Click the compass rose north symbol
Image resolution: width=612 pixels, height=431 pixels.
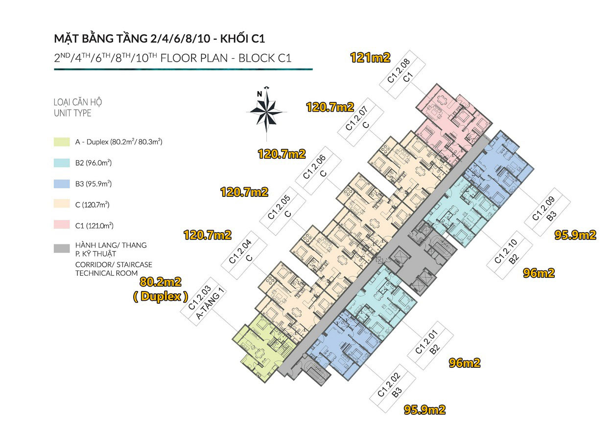click(266, 112)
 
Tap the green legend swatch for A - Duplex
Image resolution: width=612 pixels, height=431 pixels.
click(62, 142)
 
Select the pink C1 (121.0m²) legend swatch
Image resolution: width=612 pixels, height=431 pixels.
click(62, 224)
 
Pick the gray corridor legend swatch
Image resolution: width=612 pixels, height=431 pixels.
click(62, 248)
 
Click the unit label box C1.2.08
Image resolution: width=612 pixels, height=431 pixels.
click(402, 74)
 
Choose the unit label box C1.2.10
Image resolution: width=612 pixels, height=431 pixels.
click(510, 255)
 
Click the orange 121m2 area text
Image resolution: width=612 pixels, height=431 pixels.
click(370, 58)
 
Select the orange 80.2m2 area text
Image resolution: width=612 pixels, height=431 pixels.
click(161, 282)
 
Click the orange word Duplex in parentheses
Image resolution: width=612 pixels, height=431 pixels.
click(161, 296)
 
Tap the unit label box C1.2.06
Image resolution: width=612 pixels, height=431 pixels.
click(318, 170)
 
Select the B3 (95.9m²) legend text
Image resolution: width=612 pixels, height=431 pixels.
click(94, 184)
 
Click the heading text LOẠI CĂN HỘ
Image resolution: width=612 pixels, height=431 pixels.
click(77, 102)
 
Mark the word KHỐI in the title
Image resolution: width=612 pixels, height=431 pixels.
click(234, 39)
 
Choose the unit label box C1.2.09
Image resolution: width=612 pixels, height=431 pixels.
click(547, 212)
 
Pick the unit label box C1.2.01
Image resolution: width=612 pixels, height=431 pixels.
click(430, 345)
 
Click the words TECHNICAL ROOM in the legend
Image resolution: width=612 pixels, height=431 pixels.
click(107, 273)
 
